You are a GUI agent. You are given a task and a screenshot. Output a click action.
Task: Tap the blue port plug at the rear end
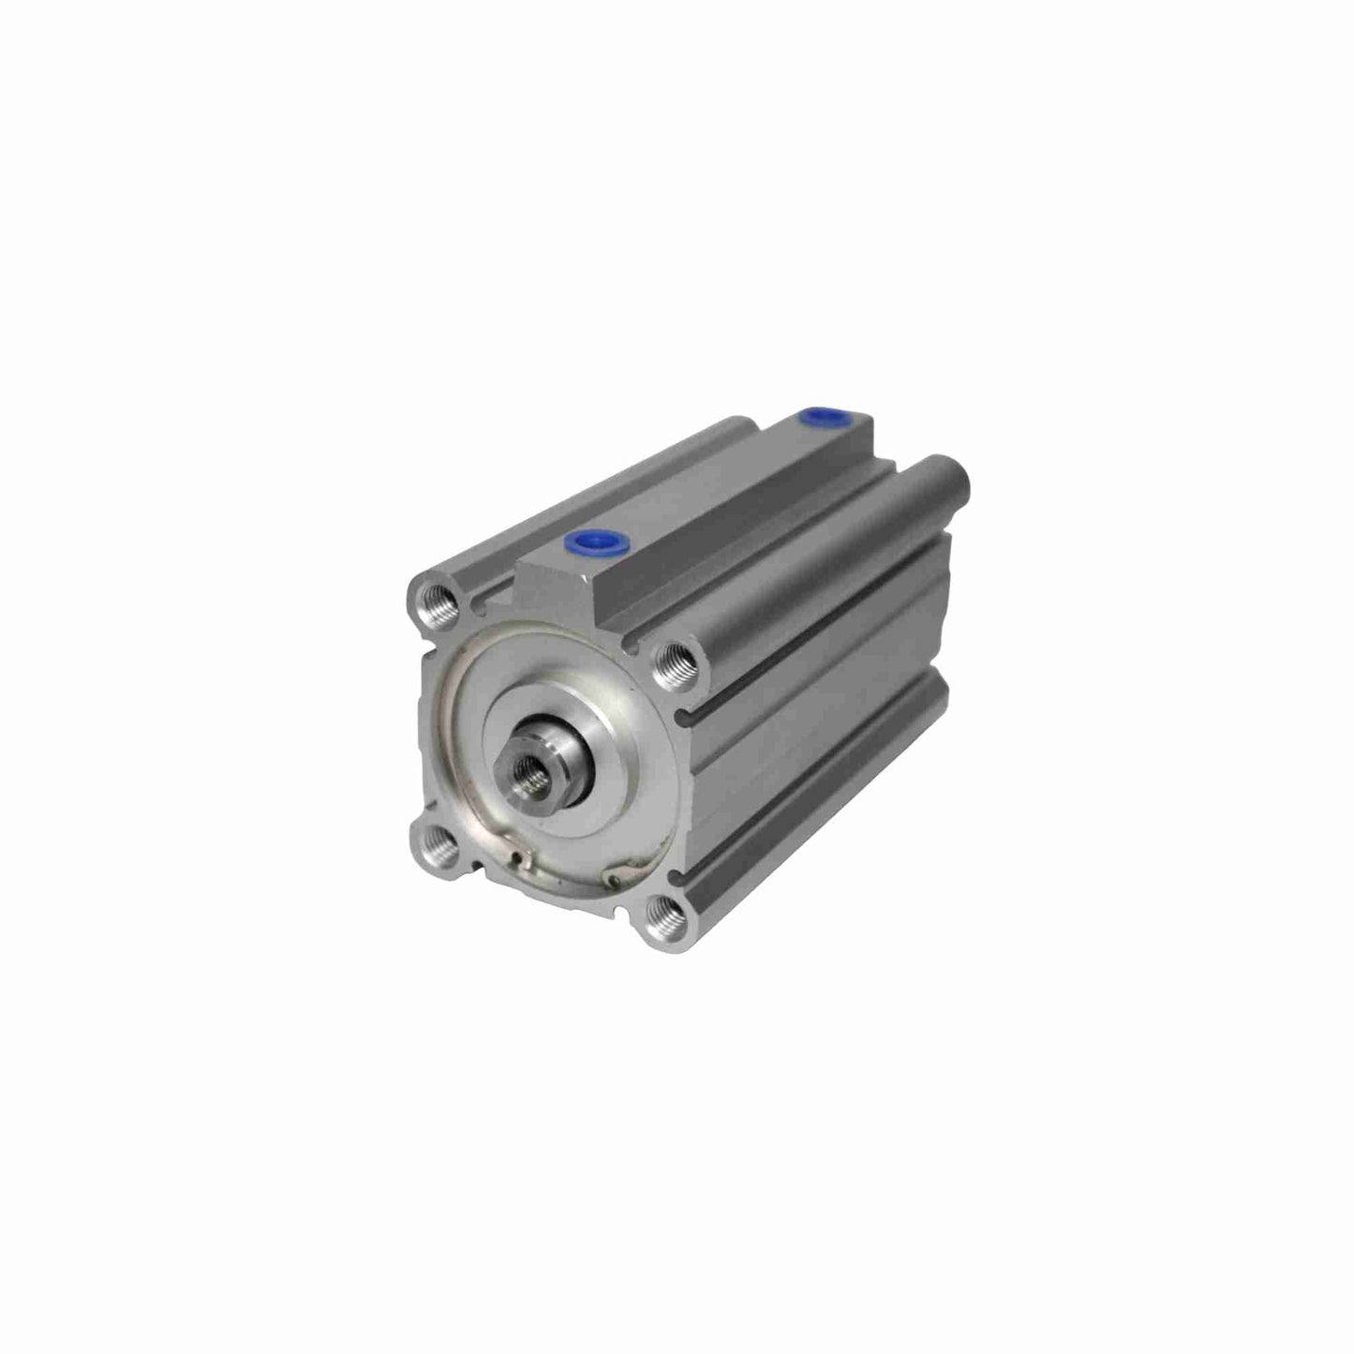[x=812, y=414]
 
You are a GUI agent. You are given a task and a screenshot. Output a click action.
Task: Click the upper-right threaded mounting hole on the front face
[x=673, y=662]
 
